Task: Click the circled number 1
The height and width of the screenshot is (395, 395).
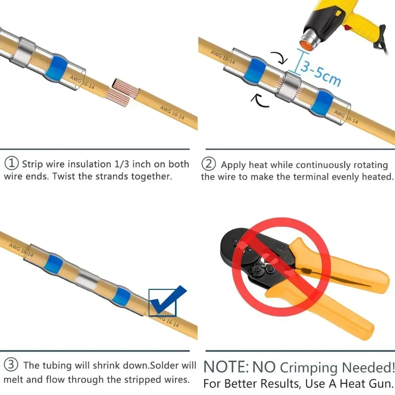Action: click(12, 163)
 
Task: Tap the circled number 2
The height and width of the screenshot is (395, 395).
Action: click(209, 163)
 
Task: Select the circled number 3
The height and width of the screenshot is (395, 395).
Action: click(12, 365)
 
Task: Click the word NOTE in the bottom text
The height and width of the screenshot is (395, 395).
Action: click(225, 367)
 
